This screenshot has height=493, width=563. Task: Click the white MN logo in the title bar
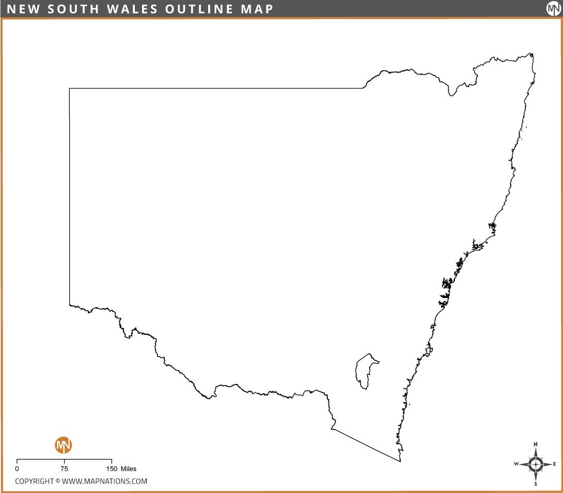(553, 9)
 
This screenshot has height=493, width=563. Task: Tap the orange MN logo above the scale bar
(64, 444)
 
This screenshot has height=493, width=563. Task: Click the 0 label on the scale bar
(17, 469)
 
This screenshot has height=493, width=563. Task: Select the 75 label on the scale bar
(64, 469)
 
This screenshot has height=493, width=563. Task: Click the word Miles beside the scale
(129, 469)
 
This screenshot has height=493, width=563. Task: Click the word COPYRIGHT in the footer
(34, 481)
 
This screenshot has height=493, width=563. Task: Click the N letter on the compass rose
(536, 444)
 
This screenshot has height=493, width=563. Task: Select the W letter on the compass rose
(516, 464)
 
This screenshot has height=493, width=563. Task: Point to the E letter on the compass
(554, 464)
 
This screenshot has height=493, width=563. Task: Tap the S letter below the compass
(536, 484)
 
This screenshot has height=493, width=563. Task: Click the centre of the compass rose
(536, 464)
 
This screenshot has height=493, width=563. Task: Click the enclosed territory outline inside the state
(366, 371)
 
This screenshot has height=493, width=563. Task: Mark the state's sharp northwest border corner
(70, 89)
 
